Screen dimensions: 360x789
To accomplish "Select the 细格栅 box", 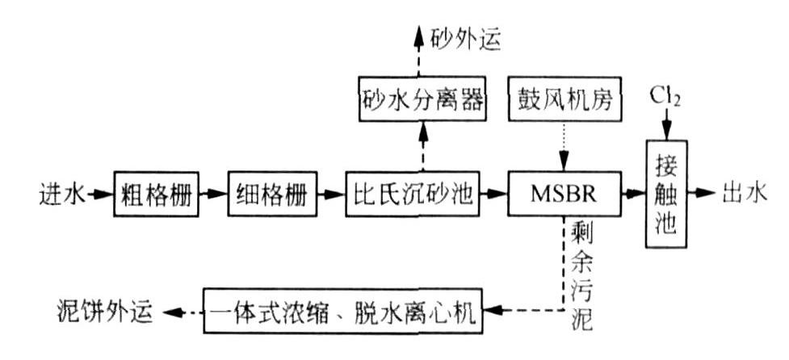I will coord(271,194).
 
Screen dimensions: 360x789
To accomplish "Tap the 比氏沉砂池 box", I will coord(410,194).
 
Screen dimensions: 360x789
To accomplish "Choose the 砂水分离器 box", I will coord(421,101).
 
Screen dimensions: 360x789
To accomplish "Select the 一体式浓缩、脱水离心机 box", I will coord(343,309).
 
